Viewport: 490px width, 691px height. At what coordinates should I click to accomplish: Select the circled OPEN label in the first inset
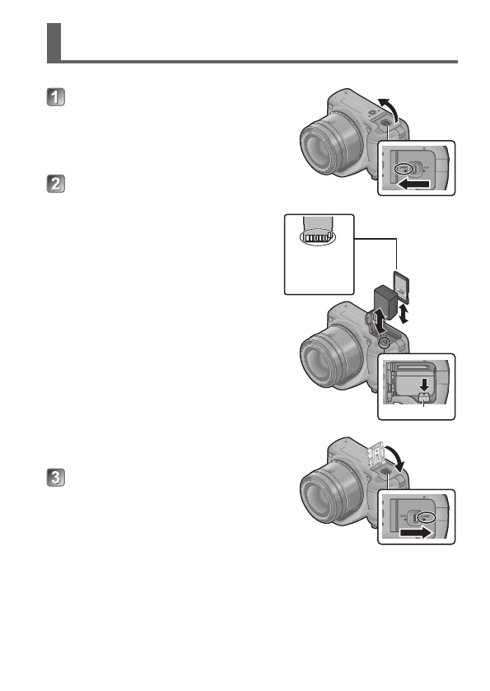tap(403, 169)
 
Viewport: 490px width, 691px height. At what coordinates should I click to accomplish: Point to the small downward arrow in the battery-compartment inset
tap(424, 383)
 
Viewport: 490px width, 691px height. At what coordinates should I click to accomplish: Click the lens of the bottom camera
tap(326, 504)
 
